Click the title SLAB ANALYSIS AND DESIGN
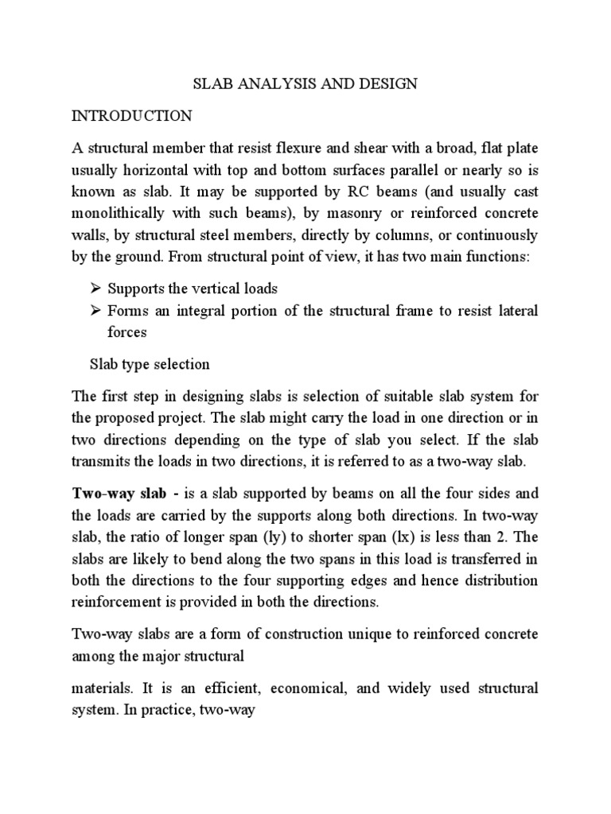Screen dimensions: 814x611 click(305, 84)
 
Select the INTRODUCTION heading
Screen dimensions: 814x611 click(131, 116)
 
